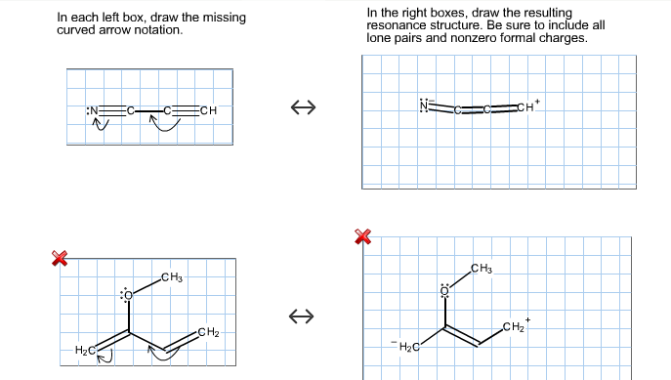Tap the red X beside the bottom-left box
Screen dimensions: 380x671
point(59,258)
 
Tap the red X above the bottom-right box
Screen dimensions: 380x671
point(363,236)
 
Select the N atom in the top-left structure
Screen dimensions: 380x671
point(95,109)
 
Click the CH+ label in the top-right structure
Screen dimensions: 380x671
point(526,106)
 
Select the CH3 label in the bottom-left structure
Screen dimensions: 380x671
point(172,278)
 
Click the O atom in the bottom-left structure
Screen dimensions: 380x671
point(127,294)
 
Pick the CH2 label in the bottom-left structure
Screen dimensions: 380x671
point(208,333)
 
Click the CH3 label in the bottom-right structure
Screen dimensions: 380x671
point(481,269)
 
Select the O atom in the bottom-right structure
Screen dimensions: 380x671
point(444,290)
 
